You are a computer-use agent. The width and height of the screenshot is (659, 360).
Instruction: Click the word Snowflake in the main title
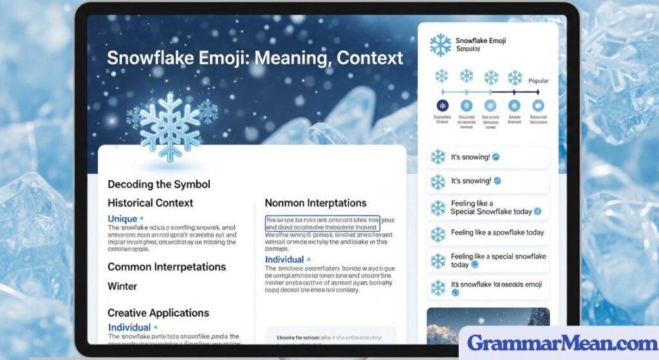coord(142,57)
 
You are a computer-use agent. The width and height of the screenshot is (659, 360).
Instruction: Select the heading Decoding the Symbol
coord(158,184)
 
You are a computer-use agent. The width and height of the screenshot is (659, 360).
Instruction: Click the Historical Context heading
coord(150,203)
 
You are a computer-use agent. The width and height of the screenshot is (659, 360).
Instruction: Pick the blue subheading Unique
coord(122,219)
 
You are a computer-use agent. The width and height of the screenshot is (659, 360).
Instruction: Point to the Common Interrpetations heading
coord(167,267)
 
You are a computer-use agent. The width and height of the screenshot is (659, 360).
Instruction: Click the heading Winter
coord(122,286)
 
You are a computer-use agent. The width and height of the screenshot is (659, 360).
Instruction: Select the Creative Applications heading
coord(158,313)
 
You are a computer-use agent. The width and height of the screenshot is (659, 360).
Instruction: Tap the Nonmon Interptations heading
coord(315,203)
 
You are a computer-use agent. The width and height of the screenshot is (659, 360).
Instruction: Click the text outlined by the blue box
coord(322,223)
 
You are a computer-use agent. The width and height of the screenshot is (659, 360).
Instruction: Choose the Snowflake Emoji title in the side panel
coord(480,41)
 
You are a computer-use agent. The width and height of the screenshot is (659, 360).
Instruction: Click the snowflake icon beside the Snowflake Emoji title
coord(440,45)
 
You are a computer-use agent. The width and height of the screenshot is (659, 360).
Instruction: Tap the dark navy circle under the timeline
coord(442,105)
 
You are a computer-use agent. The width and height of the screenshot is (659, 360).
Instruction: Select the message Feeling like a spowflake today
coord(497,232)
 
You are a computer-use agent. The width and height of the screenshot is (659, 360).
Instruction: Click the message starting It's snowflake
coord(496,284)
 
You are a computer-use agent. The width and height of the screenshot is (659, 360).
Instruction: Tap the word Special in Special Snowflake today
coord(466,211)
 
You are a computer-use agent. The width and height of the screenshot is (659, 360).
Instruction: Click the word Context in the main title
coord(370,57)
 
